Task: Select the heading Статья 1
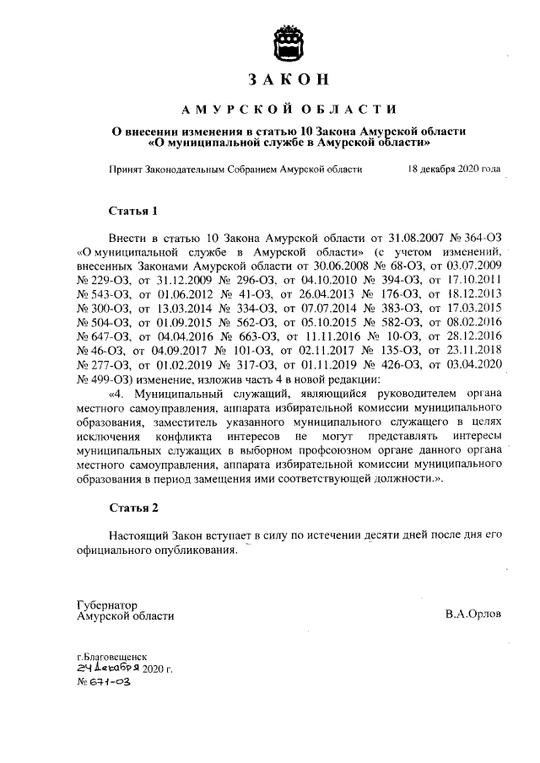(x=134, y=209)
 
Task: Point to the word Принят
(x=127, y=169)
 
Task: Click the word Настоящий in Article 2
(x=140, y=536)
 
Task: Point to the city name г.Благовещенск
(x=112, y=654)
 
